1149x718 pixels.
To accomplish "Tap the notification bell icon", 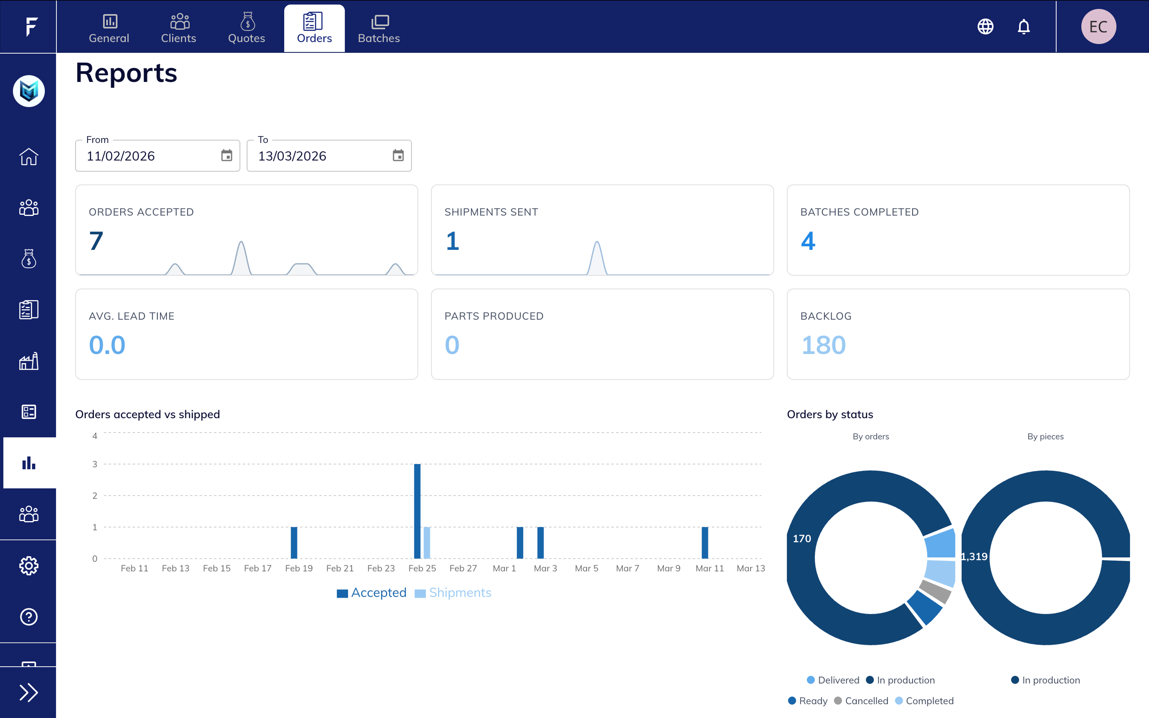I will [1024, 27].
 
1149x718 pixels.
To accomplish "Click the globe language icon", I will [985, 27].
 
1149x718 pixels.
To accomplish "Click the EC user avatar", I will [1098, 27].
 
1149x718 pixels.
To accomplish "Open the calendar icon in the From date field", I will [227, 155].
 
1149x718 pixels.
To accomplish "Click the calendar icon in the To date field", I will [398, 155].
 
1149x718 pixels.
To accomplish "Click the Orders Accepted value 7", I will [96, 241].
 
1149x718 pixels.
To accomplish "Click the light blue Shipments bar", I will [427, 542].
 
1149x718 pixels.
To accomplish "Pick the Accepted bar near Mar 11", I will [705, 542].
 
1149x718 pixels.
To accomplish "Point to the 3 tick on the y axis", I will [95, 464].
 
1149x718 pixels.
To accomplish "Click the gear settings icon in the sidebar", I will [28, 565].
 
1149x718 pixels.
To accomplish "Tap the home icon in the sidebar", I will [28, 156].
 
